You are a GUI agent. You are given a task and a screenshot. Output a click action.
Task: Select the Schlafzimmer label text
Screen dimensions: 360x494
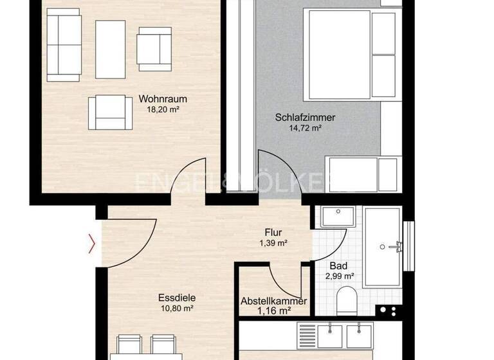[x=305, y=118]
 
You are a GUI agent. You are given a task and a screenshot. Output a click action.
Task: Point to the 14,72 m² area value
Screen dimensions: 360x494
[x=305, y=128]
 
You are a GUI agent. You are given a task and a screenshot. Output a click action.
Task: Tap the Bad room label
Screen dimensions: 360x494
[x=338, y=265]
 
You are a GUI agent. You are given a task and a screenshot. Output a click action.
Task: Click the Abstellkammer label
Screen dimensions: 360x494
[x=273, y=301]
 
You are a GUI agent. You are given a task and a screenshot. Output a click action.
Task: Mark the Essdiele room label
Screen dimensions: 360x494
[x=177, y=298]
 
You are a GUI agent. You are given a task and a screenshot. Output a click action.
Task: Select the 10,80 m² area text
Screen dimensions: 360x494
[x=177, y=308]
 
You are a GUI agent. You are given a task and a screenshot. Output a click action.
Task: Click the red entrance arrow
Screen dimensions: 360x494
[x=93, y=244]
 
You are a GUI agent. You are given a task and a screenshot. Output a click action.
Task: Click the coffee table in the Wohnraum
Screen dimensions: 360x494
[x=110, y=49]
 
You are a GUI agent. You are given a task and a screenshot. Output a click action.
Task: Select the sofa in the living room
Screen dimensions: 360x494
[x=62, y=45]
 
